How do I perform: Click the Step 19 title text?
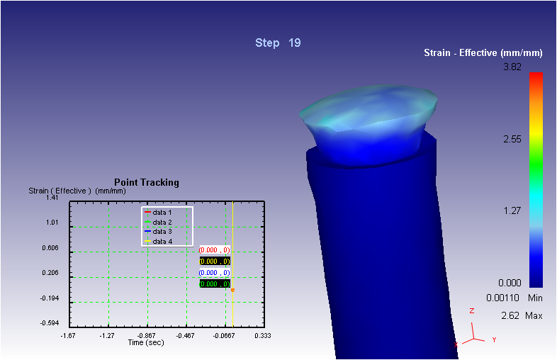tap(278, 43)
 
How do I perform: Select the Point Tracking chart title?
tap(147, 183)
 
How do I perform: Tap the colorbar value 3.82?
tap(512, 67)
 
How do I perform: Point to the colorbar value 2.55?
tap(512, 139)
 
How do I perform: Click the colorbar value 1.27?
tap(512, 210)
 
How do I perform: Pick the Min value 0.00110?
tap(502, 298)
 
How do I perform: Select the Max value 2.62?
tap(510, 315)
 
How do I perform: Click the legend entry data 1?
tap(158, 213)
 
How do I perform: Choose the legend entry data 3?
tap(158, 232)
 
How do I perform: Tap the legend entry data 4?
tap(158, 242)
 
